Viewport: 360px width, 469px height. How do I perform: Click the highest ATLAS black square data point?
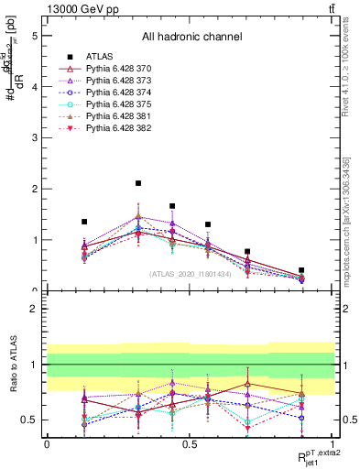click(138, 184)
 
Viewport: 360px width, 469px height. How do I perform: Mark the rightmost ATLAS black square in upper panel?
click(301, 270)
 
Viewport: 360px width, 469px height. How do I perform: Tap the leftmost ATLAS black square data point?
click(84, 222)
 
